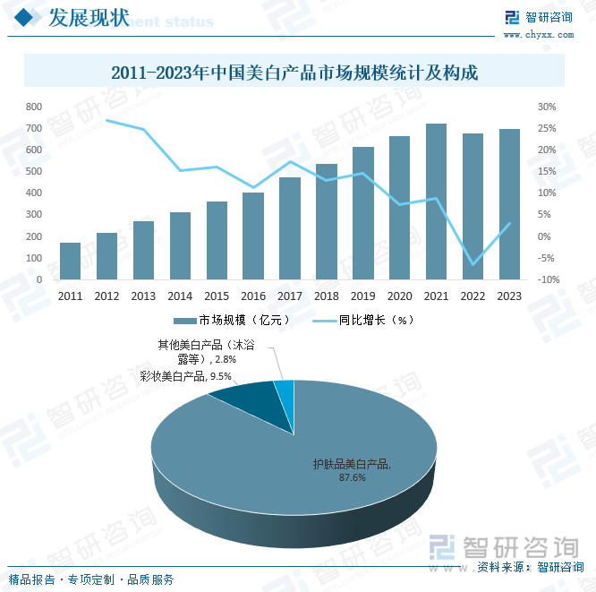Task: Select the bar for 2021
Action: tap(436, 202)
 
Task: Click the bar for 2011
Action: tap(70, 261)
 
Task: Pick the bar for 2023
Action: tap(509, 204)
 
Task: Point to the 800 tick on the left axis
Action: tap(34, 107)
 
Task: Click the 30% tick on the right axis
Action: tap(547, 107)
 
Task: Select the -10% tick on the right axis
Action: tap(549, 279)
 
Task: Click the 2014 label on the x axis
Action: tap(180, 296)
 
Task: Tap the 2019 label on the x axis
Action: tap(363, 296)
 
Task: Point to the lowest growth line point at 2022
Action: tap(473, 265)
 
